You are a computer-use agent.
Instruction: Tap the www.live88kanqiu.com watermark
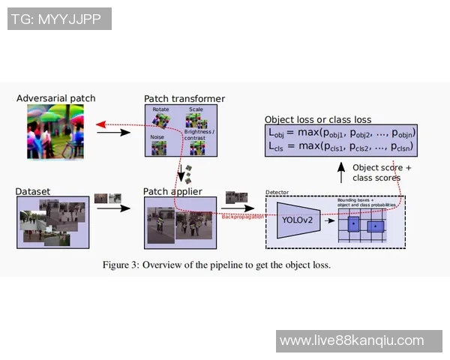pyautogui.click(x=351, y=341)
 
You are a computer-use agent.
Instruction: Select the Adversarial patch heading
pyautogui.click(x=55, y=98)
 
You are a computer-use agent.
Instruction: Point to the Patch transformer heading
pyautogui.click(x=184, y=99)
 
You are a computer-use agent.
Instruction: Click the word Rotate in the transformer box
pyautogui.click(x=160, y=109)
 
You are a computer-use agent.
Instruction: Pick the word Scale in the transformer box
pyautogui.click(x=196, y=109)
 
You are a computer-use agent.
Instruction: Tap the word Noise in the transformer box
pyautogui.click(x=157, y=137)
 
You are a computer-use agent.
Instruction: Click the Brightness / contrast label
pyautogui.click(x=199, y=136)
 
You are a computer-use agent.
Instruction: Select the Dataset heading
pyautogui.click(x=32, y=192)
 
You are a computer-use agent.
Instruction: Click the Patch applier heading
pyautogui.click(x=172, y=192)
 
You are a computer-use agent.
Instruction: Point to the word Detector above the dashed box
pyautogui.click(x=277, y=193)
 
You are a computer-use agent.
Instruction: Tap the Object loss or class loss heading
pyautogui.click(x=318, y=119)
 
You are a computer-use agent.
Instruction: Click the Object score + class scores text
pyautogui.click(x=382, y=172)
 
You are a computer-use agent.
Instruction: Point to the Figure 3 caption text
pyautogui.click(x=216, y=265)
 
